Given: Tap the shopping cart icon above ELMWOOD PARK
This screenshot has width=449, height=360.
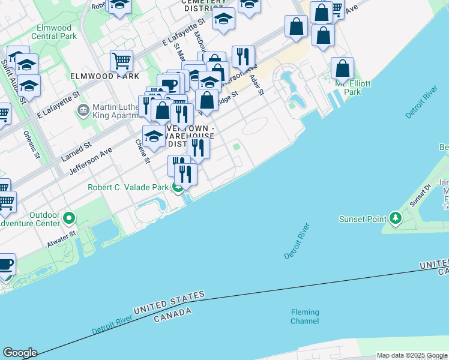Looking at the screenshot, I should pos(121,61).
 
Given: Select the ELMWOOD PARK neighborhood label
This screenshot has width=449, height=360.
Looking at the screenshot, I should pos(104,76).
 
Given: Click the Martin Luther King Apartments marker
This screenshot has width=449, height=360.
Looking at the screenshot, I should pos(83,110).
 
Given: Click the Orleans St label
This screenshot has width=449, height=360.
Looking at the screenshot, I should pos(32,145).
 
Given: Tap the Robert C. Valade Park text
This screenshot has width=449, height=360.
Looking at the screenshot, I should pos(128,187).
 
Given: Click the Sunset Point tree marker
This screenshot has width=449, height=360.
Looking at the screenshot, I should pos(395,218).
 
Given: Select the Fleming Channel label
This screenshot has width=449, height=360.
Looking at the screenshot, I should pos(305,316).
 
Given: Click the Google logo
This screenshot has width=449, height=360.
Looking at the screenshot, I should pos(20,353).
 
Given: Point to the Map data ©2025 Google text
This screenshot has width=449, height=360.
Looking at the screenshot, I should pos(411,355).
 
